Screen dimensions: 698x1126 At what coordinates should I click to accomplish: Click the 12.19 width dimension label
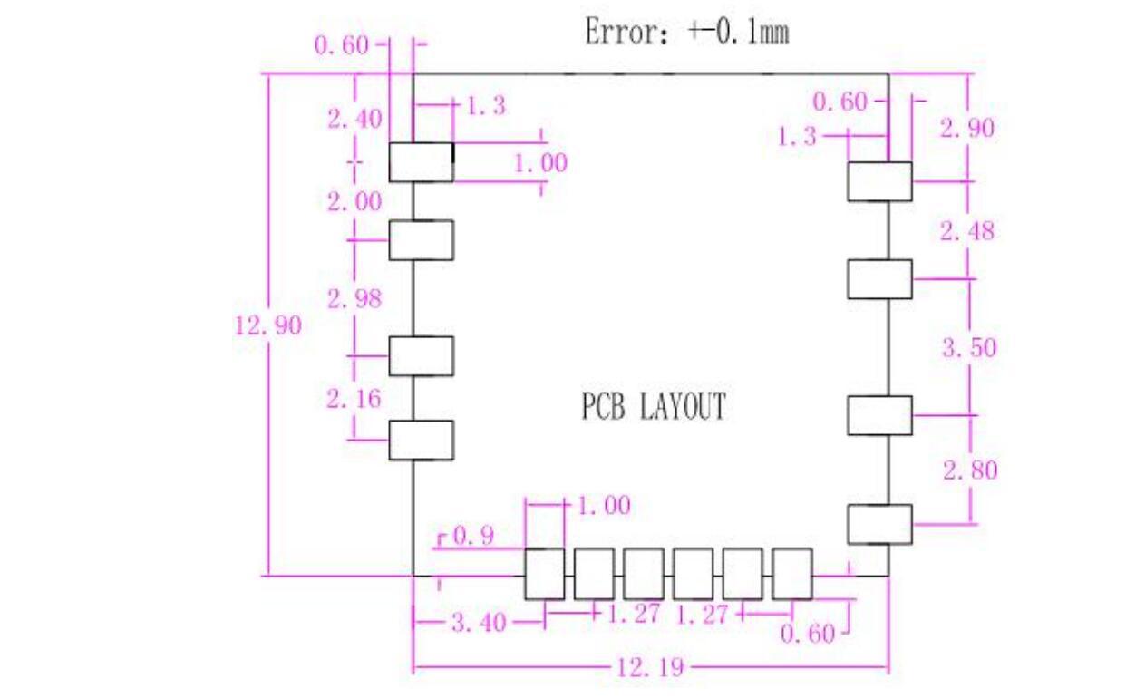(650, 669)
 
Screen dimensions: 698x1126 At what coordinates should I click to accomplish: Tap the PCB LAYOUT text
(654, 407)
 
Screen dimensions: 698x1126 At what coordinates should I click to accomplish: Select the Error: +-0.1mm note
(686, 34)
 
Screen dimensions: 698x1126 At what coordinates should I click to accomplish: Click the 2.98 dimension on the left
(354, 299)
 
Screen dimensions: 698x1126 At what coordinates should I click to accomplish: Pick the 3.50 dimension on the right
(968, 347)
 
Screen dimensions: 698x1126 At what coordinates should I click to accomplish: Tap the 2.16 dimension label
(354, 398)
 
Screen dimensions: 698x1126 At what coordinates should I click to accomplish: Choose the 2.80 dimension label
(970, 470)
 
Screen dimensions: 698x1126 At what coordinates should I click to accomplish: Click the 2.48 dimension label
(966, 231)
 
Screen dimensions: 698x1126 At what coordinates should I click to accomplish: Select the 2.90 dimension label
(966, 128)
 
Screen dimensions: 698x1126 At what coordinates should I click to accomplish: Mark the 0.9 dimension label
(472, 537)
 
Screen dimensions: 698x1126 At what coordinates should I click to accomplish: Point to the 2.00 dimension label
(354, 201)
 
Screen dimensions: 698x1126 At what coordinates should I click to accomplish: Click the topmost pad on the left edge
(421, 162)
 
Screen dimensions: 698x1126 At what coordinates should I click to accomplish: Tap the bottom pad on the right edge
(879, 524)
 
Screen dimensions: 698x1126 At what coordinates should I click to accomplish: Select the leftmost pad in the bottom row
(544, 574)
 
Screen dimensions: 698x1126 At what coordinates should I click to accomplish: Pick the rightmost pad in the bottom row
(791, 574)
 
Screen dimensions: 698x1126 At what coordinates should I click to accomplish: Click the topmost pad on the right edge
(879, 181)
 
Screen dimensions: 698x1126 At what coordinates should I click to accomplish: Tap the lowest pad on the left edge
(421, 440)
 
